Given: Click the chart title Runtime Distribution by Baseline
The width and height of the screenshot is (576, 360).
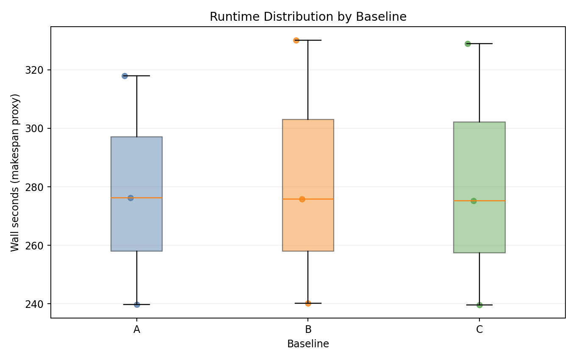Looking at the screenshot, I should coord(308,17).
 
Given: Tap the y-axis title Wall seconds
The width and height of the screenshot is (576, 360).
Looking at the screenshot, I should coord(15,172).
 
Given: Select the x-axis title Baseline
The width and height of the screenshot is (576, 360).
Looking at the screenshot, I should coord(308,344).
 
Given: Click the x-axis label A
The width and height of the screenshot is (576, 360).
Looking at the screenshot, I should coord(137,330).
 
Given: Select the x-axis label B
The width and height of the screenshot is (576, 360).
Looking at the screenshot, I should coord(308,330).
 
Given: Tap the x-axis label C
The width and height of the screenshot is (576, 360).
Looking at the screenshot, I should coord(479,330).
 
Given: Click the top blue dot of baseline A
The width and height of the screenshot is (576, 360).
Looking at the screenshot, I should coord(125,76).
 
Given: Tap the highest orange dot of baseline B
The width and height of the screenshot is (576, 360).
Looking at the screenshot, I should coord(296,40).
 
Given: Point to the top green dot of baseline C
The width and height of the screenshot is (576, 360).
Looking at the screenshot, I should coord(468,44).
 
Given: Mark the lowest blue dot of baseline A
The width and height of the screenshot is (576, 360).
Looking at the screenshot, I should coord(137,305).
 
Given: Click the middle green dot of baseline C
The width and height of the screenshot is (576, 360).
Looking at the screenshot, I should coord(474,201).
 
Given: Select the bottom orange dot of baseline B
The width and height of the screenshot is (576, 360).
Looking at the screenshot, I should coord(308,303).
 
